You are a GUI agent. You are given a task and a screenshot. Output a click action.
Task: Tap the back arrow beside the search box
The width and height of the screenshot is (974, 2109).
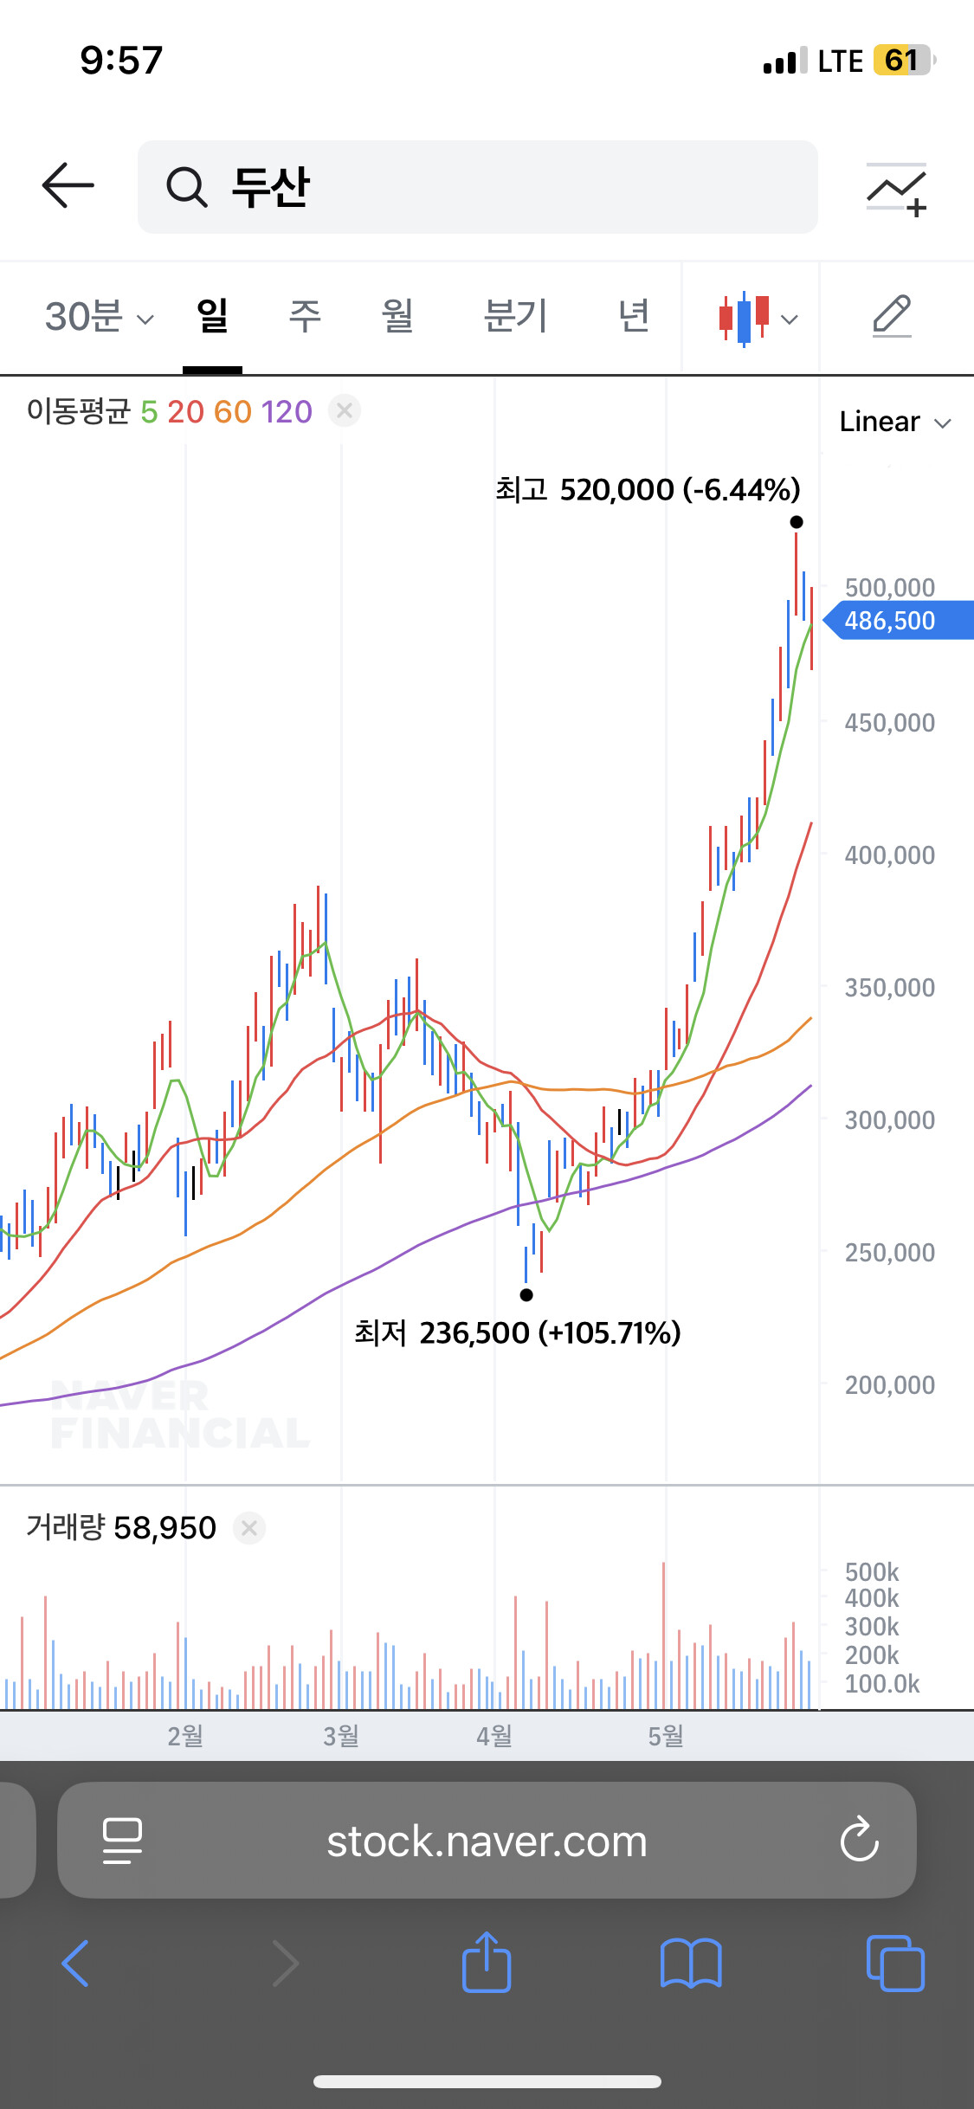click(x=68, y=185)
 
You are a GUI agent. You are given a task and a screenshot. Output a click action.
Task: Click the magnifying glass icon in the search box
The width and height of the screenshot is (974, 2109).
click(x=186, y=187)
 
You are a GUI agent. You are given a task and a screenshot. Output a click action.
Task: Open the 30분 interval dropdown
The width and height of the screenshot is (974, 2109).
click(x=99, y=317)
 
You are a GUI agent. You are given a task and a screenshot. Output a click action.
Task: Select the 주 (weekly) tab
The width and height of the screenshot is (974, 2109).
click(x=305, y=316)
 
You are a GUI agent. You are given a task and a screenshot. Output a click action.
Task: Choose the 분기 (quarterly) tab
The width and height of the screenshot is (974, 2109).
click(x=515, y=316)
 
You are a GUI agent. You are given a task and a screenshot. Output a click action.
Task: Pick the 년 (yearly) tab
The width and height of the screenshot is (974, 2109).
click(x=634, y=316)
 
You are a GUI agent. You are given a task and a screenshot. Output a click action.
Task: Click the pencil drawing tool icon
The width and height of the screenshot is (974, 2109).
click(x=892, y=316)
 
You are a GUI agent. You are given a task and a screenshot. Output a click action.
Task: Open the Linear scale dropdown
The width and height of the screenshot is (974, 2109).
click(x=895, y=422)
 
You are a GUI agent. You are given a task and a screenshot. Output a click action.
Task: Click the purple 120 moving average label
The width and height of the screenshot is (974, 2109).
click(x=286, y=412)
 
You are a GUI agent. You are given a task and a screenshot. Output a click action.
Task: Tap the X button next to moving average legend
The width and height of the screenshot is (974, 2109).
click(x=345, y=410)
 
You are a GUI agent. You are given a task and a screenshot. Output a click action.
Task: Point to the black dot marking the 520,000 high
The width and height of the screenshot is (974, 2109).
click(x=797, y=522)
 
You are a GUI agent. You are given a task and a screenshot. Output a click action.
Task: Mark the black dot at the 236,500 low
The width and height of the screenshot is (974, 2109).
click(x=526, y=1295)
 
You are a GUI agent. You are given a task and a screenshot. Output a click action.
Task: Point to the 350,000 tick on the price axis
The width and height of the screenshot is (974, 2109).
click(x=889, y=988)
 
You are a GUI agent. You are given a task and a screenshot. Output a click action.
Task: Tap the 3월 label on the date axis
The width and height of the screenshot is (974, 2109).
click(x=341, y=1736)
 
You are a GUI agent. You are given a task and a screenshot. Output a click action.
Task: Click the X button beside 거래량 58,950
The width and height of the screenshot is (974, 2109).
click(x=249, y=1528)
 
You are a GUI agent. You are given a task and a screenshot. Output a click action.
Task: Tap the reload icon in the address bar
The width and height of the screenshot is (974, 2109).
click(x=860, y=1840)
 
